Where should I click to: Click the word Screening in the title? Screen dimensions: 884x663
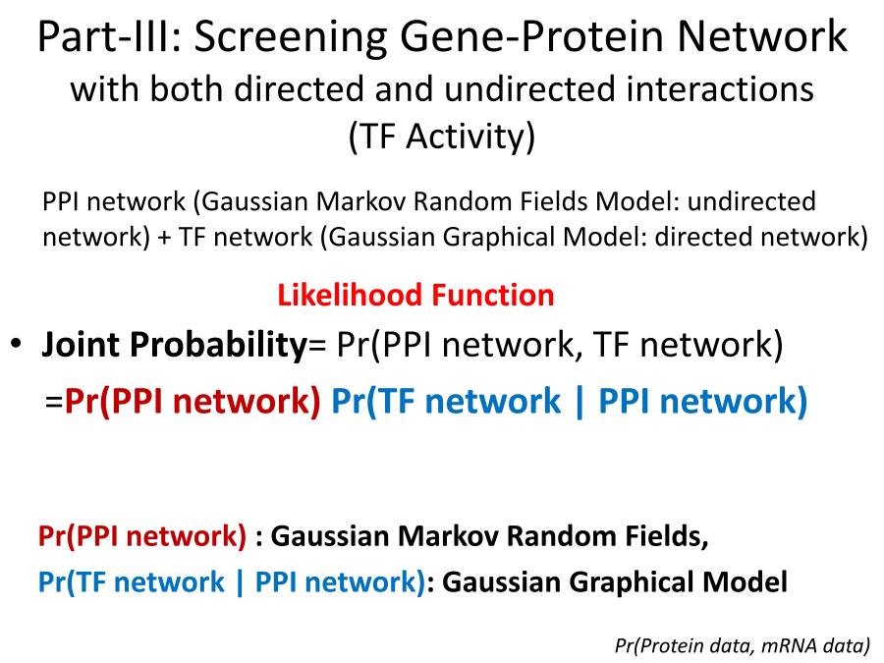[291, 37]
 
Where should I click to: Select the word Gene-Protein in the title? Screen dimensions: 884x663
[531, 36]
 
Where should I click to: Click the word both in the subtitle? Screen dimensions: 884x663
[185, 89]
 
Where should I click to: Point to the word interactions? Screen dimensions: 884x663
[714, 89]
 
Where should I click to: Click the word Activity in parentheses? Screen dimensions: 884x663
[470, 137]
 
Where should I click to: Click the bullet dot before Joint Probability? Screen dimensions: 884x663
[17, 343]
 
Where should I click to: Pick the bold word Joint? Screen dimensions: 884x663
[80, 344]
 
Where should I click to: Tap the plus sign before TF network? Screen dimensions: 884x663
[164, 238]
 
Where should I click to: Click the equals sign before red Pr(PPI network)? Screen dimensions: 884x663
[54, 402]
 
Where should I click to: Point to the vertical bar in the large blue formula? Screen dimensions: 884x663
[579, 402]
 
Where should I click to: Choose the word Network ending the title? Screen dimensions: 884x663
[761, 36]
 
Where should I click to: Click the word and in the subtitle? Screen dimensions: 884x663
[404, 89]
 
